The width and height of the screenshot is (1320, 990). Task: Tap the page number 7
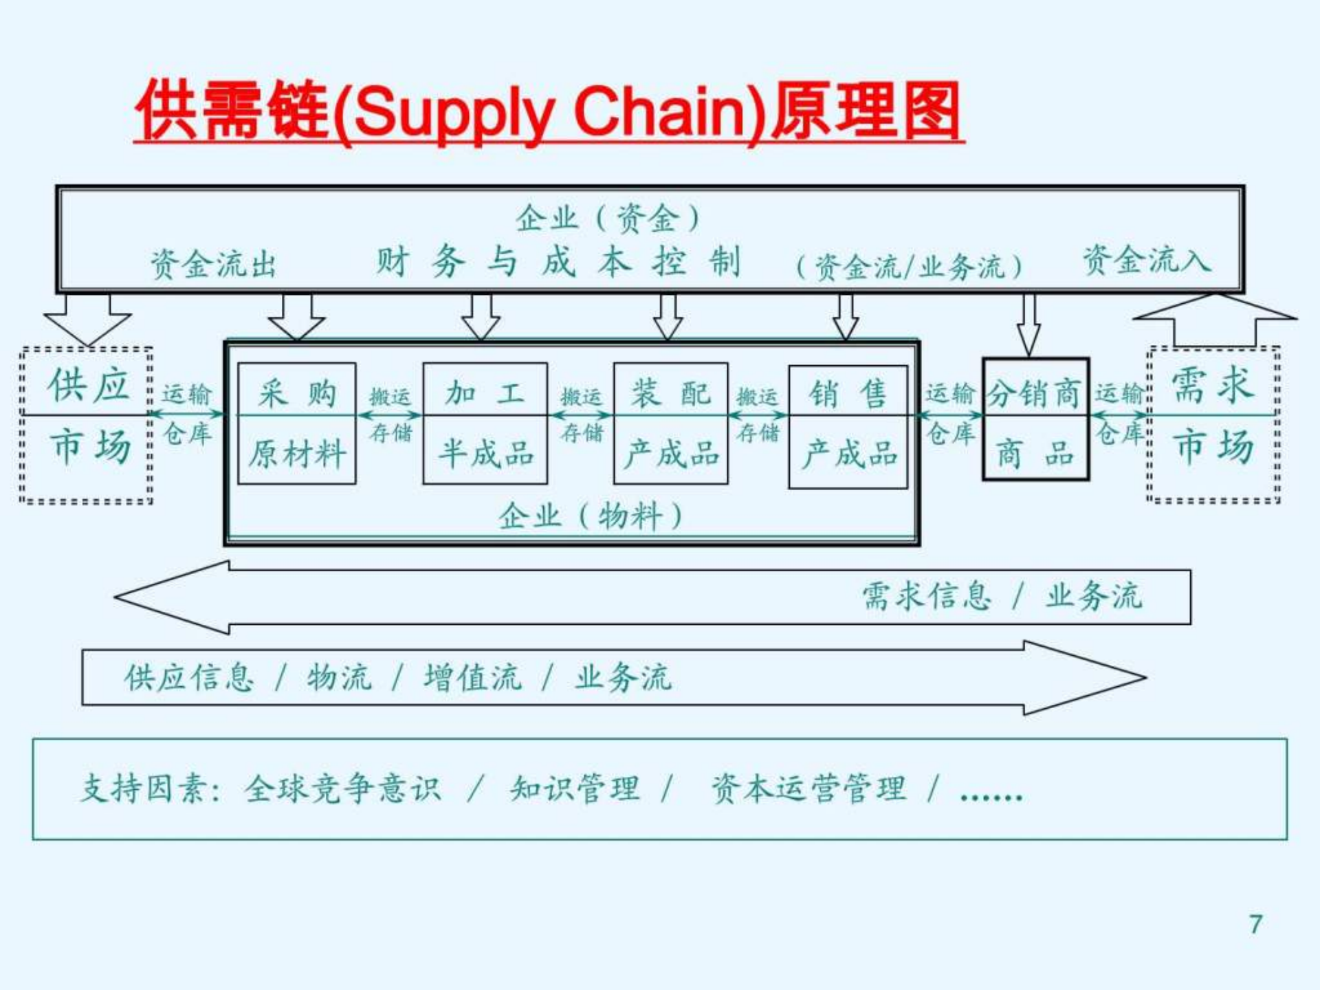[x=1255, y=924]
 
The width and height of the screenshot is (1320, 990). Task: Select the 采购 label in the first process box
[x=297, y=393]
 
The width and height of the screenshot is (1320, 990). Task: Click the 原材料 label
[x=297, y=454]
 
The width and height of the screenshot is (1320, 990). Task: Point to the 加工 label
[x=485, y=393]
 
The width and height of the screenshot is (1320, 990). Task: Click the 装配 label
[x=670, y=393]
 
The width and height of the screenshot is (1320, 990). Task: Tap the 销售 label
[x=848, y=393]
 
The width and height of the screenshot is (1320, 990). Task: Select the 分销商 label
[x=1034, y=394]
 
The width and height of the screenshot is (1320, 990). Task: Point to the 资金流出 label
[x=213, y=264]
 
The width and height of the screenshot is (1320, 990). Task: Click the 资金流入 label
[x=1147, y=261]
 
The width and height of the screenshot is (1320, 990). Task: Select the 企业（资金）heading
[x=608, y=219]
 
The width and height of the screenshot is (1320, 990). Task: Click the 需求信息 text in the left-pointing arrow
[x=927, y=596]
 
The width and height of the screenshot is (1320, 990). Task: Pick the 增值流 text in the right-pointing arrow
[x=472, y=678]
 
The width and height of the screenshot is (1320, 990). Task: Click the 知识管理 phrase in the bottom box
[x=575, y=789]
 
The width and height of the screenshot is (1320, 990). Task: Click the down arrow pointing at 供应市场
[x=87, y=319]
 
